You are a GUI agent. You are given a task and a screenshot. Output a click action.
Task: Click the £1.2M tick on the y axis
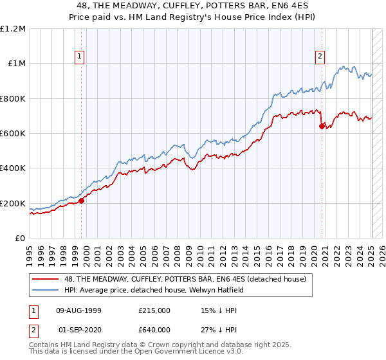click(13, 29)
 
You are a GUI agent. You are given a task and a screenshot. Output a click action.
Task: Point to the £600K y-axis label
click(13, 134)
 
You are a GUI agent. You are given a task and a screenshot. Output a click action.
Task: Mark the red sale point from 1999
click(82, 201)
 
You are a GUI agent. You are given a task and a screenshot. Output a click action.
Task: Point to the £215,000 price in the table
click(154, 310)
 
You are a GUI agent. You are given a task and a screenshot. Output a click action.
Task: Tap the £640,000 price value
click(154, 329)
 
